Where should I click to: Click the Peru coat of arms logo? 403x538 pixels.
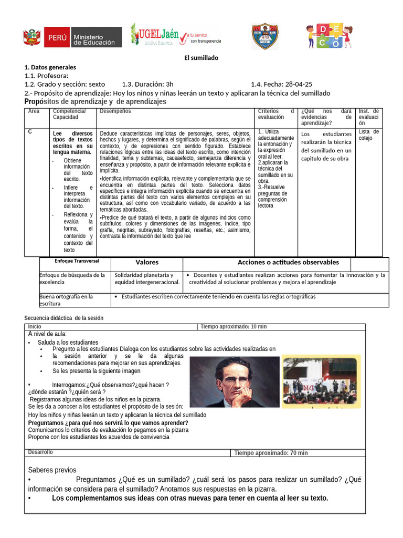(x=32, y=37)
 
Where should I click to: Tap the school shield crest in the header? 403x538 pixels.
(x=264, y=36)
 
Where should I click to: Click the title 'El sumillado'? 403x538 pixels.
(x=201, y=58)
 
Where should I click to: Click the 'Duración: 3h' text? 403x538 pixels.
(x=147, y=84)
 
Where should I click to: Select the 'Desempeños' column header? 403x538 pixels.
(x=115, y=111)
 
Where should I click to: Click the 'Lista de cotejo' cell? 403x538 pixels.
(x=368, y=135)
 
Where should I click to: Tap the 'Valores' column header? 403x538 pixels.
(x=147, y=262)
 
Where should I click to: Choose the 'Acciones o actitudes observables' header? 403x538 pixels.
(x=288, y=262)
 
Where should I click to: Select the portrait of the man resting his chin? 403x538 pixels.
(x=232, y=375)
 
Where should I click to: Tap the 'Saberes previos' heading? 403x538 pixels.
(x=52, y=470)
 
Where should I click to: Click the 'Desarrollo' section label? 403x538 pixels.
(x=40, y=452)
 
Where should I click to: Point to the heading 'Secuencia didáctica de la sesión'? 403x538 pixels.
(x=64, y=318)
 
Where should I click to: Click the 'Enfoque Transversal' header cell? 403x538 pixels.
(x=76, y=261)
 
